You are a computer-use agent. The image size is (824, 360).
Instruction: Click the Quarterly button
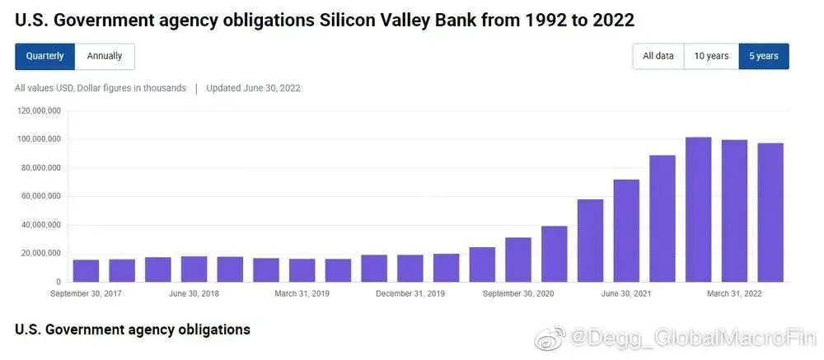pyautogui.click(x=44, y=56)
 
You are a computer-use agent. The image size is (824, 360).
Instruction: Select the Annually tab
pyautogui.click(x=105, y=56)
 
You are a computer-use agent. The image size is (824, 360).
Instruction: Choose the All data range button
pyautogui.click(x=658, y=56)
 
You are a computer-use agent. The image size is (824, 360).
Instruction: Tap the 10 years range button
pyautogui.click(x=711, y=56)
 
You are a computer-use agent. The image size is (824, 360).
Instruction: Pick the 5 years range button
pyautogui.click(x=763, y=56)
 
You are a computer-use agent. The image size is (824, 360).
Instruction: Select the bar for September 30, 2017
pyautogui.click(x=86, y=270)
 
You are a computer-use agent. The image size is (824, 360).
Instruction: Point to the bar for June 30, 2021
pyautogui.click(x=626, y=231)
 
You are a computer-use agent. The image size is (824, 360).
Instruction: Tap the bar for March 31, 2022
pyautogui.click(x=734, y=211)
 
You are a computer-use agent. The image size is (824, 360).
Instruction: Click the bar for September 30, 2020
pyautogui.click(x=517, y=259)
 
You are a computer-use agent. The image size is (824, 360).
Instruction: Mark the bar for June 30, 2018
pyautogui.click(x=194, y=269)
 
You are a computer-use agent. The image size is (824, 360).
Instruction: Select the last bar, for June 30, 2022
pyautogui.click(x=770, y=213)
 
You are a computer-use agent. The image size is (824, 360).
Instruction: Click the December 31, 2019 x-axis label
pyautogui.click(x=410, y=293)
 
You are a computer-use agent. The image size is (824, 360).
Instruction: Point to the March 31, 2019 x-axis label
pyautogui.click(x=302, y=293)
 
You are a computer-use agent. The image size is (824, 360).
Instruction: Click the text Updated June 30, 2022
pyautogui.click(x=253, y=88)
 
